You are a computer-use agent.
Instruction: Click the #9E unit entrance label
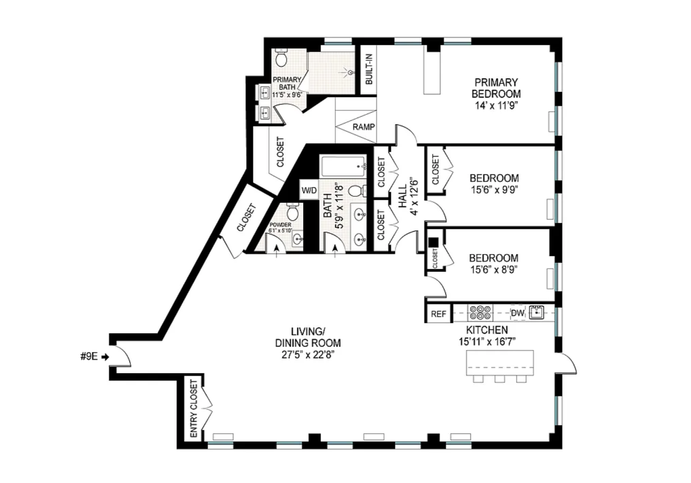click(x=89, y=357)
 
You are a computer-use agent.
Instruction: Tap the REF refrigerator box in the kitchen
click(x=438, y=314)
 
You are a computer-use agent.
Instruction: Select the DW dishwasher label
click(x=518, y=313)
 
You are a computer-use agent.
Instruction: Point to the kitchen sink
click(x=537, y=313)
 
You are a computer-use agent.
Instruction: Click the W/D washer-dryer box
click(x=309, y=190)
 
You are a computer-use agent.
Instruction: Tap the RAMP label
click(x=364, y=127)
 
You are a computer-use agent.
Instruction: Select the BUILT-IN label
click(x=369, y=69)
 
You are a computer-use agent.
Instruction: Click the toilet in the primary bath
click(x=281, y=58)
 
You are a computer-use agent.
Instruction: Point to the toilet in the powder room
click(x=292, y=211)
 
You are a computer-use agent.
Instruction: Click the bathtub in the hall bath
click(x=343, y=166)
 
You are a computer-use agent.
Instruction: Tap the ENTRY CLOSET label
click(x=194, y=408)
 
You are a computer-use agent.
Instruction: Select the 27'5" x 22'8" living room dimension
click(x=308, y=355)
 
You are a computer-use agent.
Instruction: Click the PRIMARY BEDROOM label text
click(x=496, y=88)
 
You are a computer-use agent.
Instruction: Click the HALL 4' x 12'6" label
click(x=408, y=196)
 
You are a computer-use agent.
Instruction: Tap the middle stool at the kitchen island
click(x=500, y=379)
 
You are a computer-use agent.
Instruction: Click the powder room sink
click(x=298, y=238)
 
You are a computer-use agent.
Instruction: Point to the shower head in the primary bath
click(x=350, y=73)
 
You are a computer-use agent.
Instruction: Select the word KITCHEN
click(x=487, y=330)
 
